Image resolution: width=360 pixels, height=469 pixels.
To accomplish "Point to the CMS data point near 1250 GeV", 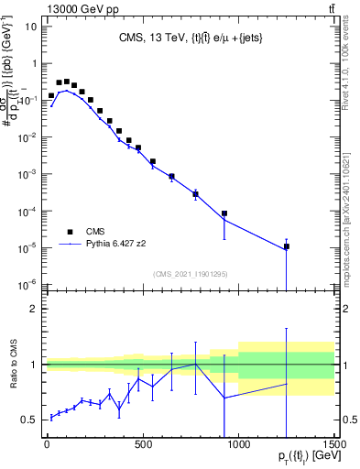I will (x=287, y=246).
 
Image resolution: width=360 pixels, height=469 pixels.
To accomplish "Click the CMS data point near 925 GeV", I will (x=224, y=213).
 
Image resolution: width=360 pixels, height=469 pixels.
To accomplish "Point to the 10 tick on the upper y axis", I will (x=29, y=27).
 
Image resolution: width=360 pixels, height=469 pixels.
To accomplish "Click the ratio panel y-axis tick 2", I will (x=32, y=309).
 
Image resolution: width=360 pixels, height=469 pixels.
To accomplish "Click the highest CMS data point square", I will (x=66, y=82).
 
